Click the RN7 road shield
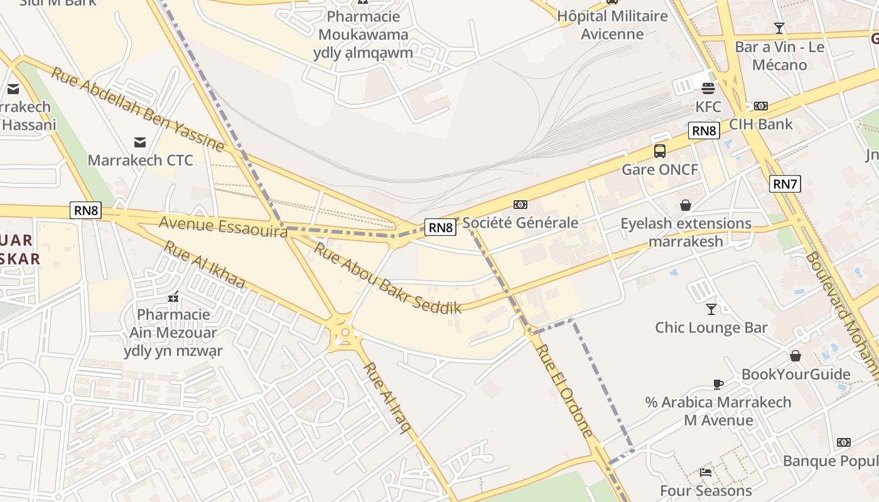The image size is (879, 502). [785, 184]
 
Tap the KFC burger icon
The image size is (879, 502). [708, 88]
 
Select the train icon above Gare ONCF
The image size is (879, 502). [659, 151]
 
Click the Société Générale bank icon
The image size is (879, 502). [520, 205]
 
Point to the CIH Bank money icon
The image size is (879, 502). [760, 106]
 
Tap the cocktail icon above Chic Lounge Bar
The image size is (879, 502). [711, 309]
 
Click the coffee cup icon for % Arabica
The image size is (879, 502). [718, 384]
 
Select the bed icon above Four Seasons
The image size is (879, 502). [706, 473]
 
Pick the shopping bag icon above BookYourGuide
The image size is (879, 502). [795, 356]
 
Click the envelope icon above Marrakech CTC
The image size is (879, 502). [140, 142]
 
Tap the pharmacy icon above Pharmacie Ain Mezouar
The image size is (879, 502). [173, 296]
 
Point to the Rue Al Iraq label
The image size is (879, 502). [388, 398]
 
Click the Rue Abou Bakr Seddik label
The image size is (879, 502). [387, 278]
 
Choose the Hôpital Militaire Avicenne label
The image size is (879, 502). [612, 25]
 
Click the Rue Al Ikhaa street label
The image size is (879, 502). [204, 265]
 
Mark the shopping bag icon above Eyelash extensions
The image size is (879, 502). [685, 205]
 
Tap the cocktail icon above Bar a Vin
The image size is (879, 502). [779, 28]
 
